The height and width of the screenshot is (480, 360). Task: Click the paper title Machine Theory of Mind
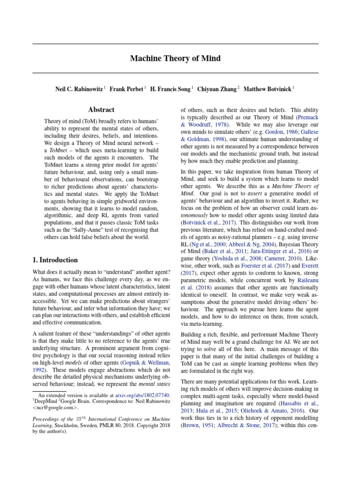pyautogui.click(x=175, y=59)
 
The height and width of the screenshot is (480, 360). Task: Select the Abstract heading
pyautogui.click(x=101, y=110)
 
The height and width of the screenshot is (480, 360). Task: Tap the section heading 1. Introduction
pyautogui.click(x=55, y=260)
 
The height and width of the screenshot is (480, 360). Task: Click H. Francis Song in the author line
pyautogui.click(x=171, y=88)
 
